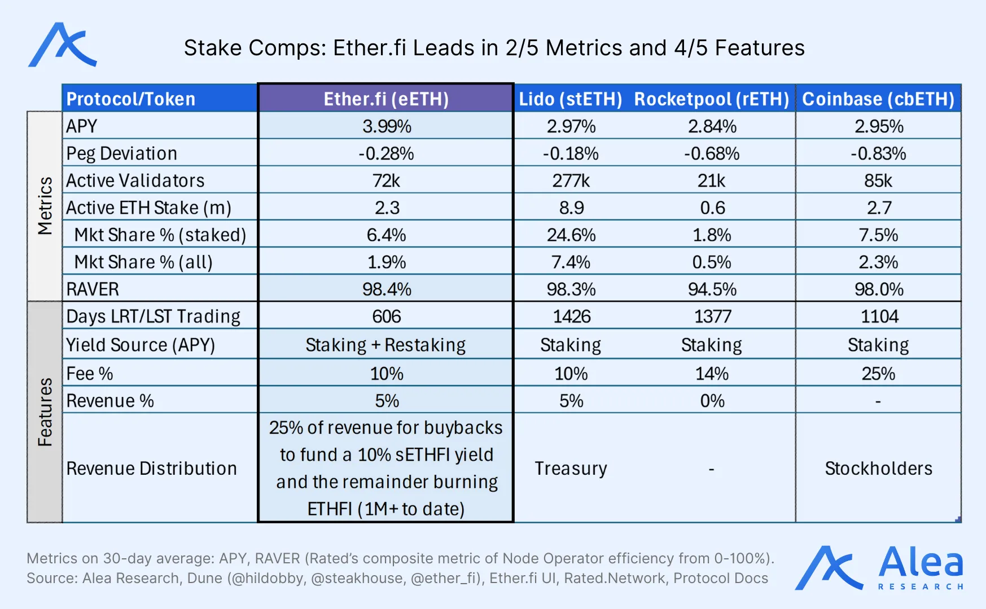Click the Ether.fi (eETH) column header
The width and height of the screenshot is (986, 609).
click(x=386, y=99)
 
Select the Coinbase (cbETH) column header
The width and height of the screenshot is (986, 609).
click(x=878, y=99)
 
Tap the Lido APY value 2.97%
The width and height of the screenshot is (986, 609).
click(x=571, y=126)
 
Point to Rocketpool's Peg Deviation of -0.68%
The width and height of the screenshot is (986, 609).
click(x=712, y=153)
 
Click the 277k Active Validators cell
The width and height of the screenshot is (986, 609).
click(x=571, y=180)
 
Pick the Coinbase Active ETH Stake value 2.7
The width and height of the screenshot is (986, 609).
click(x=879, y=208)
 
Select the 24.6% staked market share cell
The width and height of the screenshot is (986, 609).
click(x=571, y=235)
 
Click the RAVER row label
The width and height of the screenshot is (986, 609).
click(x=93, y=289)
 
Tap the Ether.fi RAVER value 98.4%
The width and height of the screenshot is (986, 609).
click(x=387, y=289)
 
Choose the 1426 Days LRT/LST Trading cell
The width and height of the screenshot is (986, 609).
click(x=571, y=316)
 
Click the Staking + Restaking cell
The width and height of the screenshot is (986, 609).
click(x=385, y=345)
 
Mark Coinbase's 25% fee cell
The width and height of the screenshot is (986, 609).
click(x=878, y=373)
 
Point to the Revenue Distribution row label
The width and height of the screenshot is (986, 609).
click(x=151, y=469)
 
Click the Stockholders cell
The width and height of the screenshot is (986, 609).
click(x=878, y=469)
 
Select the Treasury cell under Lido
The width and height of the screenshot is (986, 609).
click(x=571, y=469)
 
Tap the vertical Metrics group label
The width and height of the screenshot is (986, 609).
click(x=45, y=206)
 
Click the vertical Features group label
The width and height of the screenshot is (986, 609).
click(x=45, y=412)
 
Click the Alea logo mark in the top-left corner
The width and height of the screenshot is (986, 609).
click(x=62, y=45)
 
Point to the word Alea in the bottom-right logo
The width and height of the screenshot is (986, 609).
click(x=921, y=562)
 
